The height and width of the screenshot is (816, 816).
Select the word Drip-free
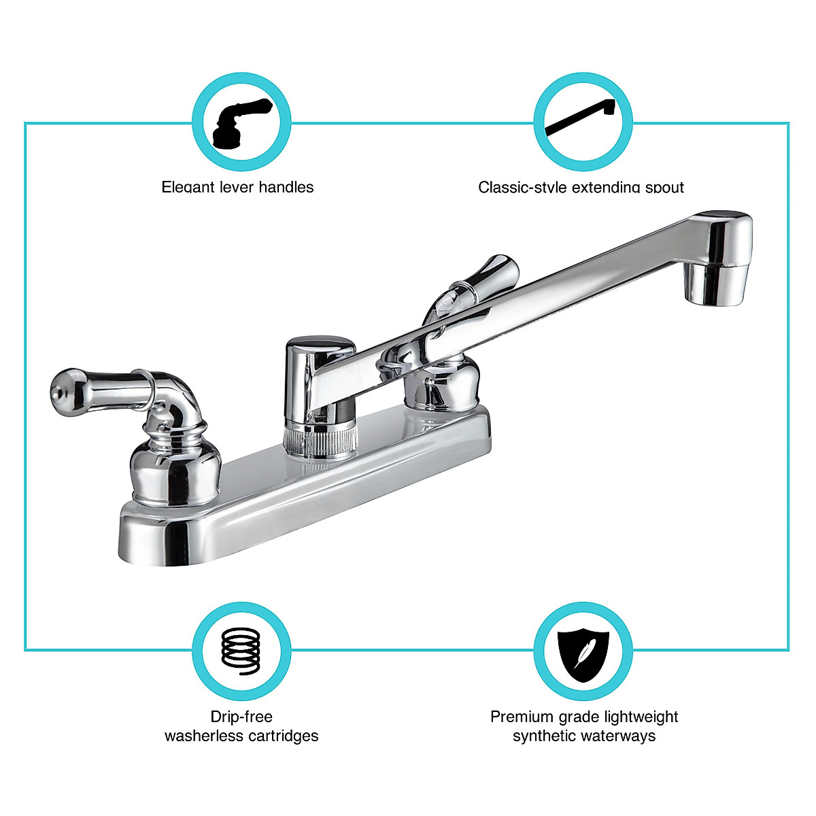[241, 717]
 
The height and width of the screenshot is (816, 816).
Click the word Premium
[521, 717]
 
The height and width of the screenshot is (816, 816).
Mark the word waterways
[622, 736]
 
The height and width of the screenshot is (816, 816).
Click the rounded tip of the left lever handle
[61, 388]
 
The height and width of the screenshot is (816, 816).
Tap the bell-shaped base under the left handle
[175, 469]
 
